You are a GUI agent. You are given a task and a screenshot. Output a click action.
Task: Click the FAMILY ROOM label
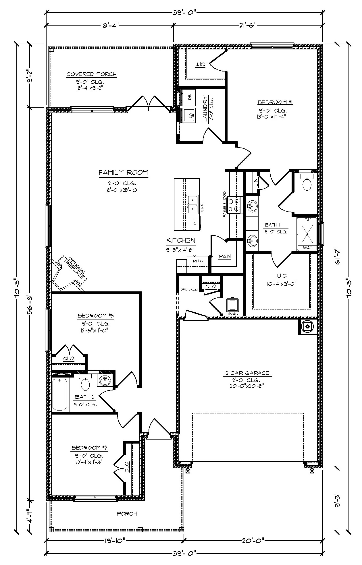[123, 173]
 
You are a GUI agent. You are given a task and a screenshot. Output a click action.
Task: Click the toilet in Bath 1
[307, 184]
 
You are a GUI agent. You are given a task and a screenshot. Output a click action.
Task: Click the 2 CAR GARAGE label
[247, 373]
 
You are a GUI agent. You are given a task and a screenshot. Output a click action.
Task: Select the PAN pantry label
[225, 256]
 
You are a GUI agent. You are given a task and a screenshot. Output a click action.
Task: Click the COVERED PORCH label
[92, 74]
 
